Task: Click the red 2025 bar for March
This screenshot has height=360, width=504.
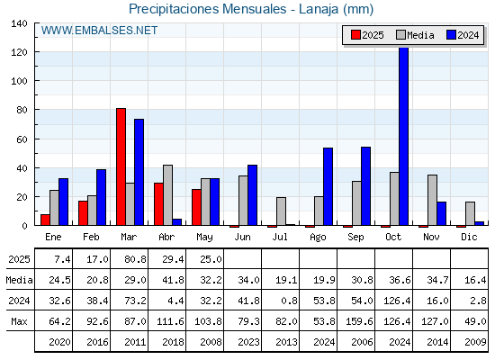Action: pyautogui.click(x=121, y=166)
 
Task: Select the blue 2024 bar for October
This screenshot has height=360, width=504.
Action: pyautogui.click(x=404, y=136)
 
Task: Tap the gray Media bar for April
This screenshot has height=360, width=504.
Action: pyautogui.click(x=167, y=195)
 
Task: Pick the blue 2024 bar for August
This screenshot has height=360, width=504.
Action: pyautogui.click(x=328, y=186)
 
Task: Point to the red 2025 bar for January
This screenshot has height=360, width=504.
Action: pyautogui.click(x=45, y=220)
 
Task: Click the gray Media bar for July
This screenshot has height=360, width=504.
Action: pyautogui.click(x=281, y=211)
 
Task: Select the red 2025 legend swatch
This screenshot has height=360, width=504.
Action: pyautogui.click(x=355, y=35)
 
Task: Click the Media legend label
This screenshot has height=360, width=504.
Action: pyautogui.click(x=420, y=35)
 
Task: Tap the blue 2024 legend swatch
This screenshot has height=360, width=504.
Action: pyautogui.click(x=451, y=35)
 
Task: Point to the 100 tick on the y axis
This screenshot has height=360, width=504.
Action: pyautogui.click(x=19, y=81)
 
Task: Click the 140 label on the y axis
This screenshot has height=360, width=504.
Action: pyautogui.click(x=19, y=23)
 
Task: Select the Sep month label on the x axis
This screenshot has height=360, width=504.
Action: pyautogui.click(x=355, y=238)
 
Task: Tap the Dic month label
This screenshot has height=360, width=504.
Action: pyautogui.click(x=469, y=237)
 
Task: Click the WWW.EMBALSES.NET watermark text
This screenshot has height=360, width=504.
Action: pyautogui.click(x=99, y=31)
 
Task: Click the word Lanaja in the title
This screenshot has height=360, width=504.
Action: pyautogui.click(x=319, y=9)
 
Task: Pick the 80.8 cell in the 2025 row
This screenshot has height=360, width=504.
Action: pyautogui.click(x=135, y=259)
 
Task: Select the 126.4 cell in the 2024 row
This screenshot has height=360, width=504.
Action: pyautogui.click(x=397, y=301)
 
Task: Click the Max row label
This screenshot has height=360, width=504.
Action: pyautogui.click(x=19, y=321)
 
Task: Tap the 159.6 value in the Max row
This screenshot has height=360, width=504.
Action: pyautogui.click(x=359, y=321)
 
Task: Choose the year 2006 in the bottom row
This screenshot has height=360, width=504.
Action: pyautogui.click(x=362, y=342)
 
